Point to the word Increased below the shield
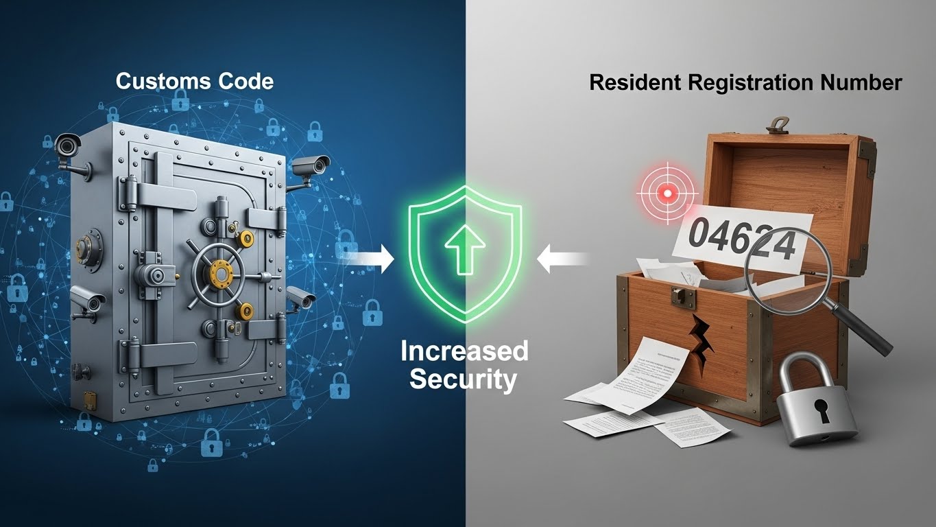click(x=464, y=351)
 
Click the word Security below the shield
click(x=464, y=379)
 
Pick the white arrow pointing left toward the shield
click(x=563, y=259)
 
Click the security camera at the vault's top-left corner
click(x=67, y=145)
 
